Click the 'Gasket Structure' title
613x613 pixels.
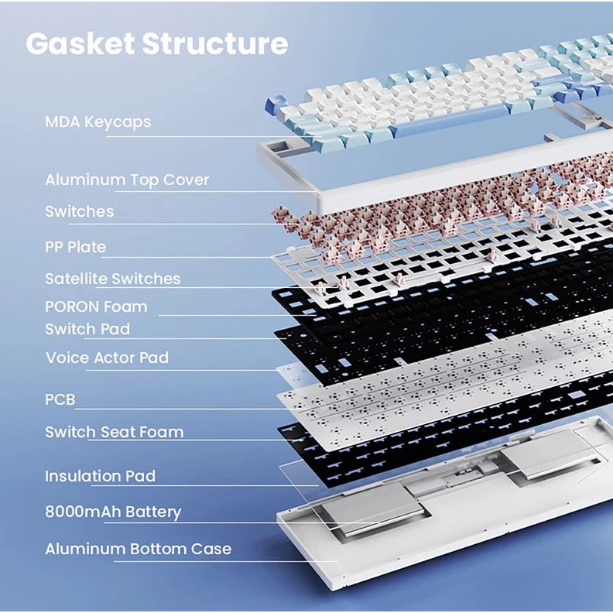(156, 44)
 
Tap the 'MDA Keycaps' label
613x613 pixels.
(98, 122)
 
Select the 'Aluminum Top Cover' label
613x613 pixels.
(127, 180)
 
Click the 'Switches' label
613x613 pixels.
(79, 211)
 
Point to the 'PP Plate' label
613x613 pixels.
(75, 248)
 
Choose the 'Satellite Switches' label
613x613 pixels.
(112, 279)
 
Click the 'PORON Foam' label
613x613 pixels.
(95, 306)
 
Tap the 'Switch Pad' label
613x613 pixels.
(87, 329)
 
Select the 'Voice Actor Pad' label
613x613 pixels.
(106, 358)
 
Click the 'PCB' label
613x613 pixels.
(60, 400)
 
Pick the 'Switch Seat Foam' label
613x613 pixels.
(114, 432)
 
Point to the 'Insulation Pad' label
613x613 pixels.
(100, 477)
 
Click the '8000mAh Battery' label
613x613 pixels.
(112, 512)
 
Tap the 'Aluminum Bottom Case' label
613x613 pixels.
(138, 550)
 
